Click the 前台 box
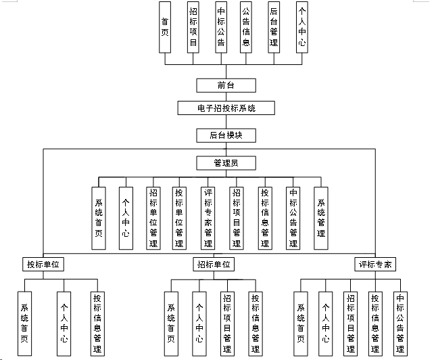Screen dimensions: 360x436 (x=226, y=85)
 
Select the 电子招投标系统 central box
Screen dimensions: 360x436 (x=226, y=108)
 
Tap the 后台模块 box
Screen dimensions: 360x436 (x=226, y=135)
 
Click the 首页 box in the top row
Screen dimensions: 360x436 (x=165, y=27)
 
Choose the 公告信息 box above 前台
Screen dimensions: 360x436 (x=247, y=27)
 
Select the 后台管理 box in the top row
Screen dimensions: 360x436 (x=274, y=27)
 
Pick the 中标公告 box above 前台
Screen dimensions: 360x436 (x=220, y=27)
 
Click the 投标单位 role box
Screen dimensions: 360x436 (x=44, y=264)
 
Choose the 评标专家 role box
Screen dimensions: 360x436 (x=374, y=264)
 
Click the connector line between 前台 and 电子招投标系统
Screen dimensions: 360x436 (x=226, y=97)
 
